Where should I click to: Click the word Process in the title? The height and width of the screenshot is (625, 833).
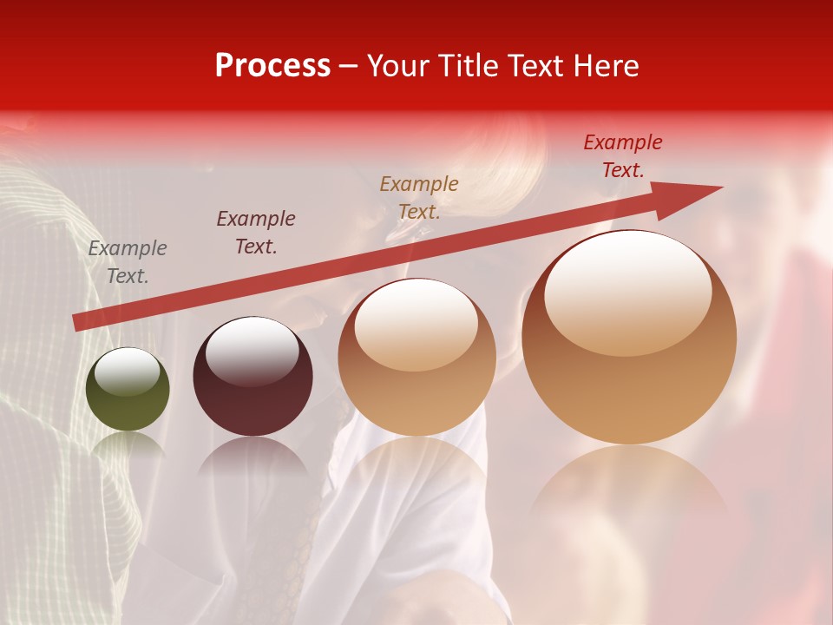[272, 66]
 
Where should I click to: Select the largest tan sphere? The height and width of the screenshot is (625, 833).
[629, 339]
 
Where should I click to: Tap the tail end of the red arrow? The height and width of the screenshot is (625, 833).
[76, 323]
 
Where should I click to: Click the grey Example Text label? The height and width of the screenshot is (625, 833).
[128, 262]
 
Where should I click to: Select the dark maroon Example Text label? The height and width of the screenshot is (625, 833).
[256, 233]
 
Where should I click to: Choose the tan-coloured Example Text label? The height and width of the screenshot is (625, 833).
[419, 197]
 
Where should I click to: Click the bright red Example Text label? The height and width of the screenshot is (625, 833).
[623, 156]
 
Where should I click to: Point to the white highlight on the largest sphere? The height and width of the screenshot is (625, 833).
[627, 291]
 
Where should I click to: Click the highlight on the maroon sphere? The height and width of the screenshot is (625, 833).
[252, 351]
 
